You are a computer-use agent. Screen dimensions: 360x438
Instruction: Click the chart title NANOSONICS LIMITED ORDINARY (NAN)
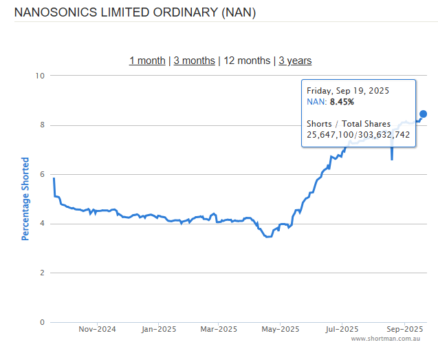click(135, 12)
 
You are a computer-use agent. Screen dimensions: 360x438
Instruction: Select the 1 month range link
click(147, 61)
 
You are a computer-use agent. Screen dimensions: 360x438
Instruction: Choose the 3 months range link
click(194, 61)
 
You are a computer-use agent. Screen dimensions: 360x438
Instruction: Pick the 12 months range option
click(247, 61)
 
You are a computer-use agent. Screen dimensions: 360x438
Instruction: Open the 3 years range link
click(295, 61)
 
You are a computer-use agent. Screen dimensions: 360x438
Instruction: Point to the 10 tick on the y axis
click(40, 76)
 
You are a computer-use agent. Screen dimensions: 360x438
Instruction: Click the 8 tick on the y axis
click(42, 125)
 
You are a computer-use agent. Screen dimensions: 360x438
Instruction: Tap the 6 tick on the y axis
click(42, 175)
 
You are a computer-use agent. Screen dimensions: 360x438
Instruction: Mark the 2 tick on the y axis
click(42, 273)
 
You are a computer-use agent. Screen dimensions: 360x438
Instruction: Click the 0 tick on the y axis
click(42, 322)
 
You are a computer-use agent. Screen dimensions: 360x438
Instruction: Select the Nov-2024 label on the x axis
click(97, 329)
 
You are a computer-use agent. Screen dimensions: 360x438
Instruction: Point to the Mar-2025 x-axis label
click(218, 329)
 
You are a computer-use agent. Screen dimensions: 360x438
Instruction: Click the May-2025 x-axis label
click(280, 329)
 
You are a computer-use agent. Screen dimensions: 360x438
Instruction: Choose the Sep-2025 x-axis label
click(404, 329)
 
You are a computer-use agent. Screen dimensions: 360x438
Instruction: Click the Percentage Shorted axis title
click(25, 198)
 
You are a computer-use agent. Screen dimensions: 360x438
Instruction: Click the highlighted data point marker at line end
click(424, 114)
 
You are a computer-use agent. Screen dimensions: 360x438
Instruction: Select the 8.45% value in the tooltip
click(342, 102)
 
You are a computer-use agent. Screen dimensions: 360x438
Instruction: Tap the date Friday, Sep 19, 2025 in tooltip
click(347, 91)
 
